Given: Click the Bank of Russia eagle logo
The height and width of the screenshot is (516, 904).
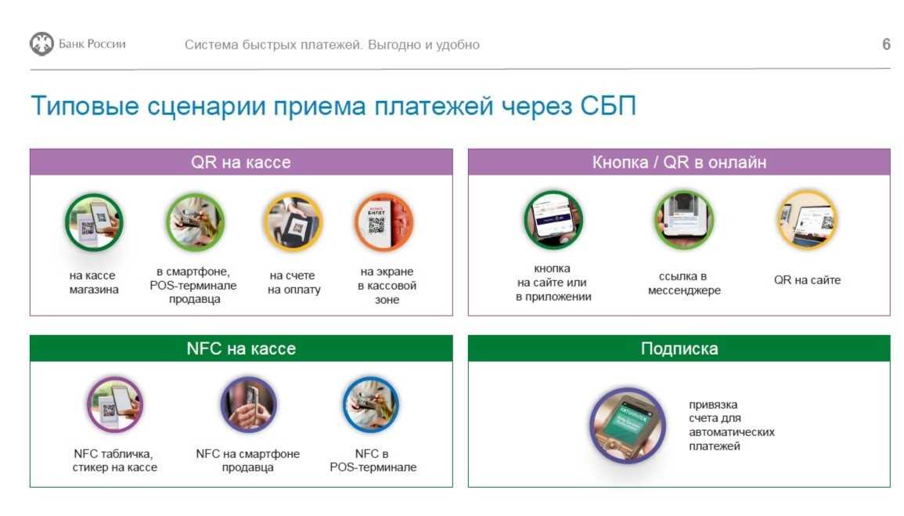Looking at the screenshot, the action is pos(41,44).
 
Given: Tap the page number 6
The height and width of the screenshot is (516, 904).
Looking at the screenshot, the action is pos(886,45).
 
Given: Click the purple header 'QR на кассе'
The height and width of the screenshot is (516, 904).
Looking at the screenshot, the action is pos(241,162).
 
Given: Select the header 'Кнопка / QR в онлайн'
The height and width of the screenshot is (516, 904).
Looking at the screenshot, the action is pos(679,162).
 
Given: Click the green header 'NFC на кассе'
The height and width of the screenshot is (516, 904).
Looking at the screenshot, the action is pos(241,348).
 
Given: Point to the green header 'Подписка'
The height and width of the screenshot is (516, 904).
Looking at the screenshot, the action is pos(679,348).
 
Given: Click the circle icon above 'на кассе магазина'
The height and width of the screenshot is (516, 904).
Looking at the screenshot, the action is pos(94,222).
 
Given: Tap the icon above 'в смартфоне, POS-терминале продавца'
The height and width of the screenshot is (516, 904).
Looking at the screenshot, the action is pos(195,222).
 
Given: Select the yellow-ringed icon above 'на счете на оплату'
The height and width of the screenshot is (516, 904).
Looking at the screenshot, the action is pos(293,222).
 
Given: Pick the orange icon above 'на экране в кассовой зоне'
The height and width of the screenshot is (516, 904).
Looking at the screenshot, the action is pos(384,222).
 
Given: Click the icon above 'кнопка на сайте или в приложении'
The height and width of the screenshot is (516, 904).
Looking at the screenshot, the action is pos(553,220).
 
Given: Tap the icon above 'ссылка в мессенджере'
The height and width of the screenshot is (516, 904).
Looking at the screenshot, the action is pos(684,220).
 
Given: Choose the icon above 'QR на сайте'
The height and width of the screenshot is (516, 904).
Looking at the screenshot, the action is pos(807,220).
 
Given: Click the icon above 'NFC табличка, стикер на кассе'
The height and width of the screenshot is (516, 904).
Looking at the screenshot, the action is pos(115,405).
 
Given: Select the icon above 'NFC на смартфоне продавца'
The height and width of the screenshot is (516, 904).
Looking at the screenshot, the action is pos(248,405).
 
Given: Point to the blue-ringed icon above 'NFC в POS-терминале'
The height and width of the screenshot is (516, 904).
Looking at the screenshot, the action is pos(371,405).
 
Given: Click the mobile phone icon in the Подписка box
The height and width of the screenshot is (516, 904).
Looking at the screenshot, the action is pos(628,425).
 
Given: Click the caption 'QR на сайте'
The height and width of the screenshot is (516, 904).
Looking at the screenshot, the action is pos(807,280).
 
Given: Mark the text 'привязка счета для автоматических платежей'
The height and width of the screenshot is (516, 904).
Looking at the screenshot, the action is pos(732,425).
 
